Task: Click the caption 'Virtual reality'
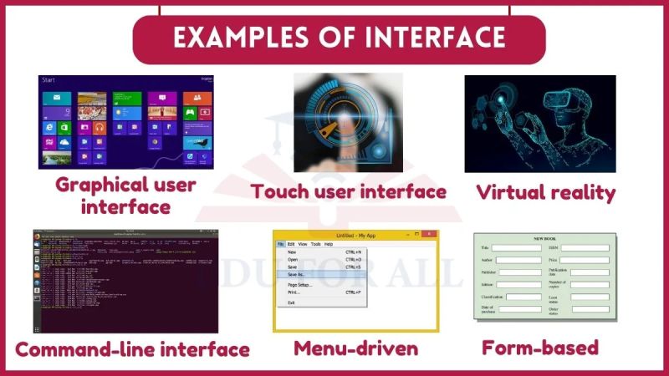click(545, 193)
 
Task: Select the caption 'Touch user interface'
click(349, 192)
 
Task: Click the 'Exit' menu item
click(291, 302)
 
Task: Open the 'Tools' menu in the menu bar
click(315, 244)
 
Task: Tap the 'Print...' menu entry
click(294, 292)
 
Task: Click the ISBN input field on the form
click(585, 248)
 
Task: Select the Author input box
click(516, 260)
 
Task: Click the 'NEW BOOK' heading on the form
click(544, 239)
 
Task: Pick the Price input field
click(585, 260)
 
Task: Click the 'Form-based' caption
click(540, 347)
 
